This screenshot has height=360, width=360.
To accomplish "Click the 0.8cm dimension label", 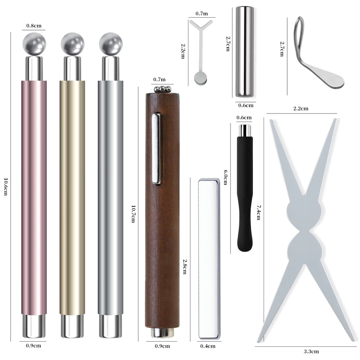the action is pos(34,26).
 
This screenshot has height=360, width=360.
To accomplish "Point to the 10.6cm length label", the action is pos(6,187).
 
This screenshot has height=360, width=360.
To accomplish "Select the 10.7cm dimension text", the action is pos(133,214).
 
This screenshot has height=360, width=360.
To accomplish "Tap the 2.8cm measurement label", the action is pos(184,267).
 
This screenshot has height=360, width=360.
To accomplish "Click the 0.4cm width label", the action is pos(208,346).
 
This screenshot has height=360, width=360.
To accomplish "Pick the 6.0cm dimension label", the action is pos(226,177).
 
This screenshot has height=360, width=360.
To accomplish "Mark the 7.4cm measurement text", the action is pos(258,212).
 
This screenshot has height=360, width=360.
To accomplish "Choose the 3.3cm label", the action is pos(311,351).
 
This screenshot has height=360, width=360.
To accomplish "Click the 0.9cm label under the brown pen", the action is pos(162,346).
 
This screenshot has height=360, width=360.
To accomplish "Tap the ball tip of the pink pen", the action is pos(34,44).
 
